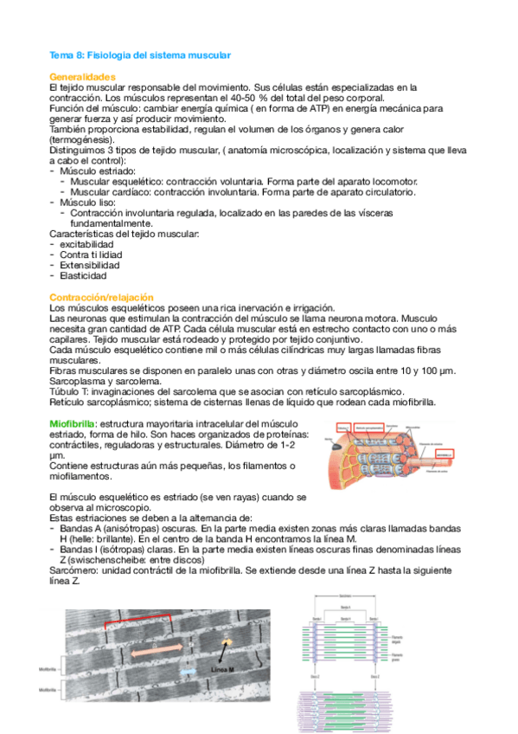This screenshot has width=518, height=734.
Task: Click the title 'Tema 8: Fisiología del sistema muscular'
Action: click(139, 55)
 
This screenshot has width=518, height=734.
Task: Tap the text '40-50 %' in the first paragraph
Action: click(240, 98)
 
